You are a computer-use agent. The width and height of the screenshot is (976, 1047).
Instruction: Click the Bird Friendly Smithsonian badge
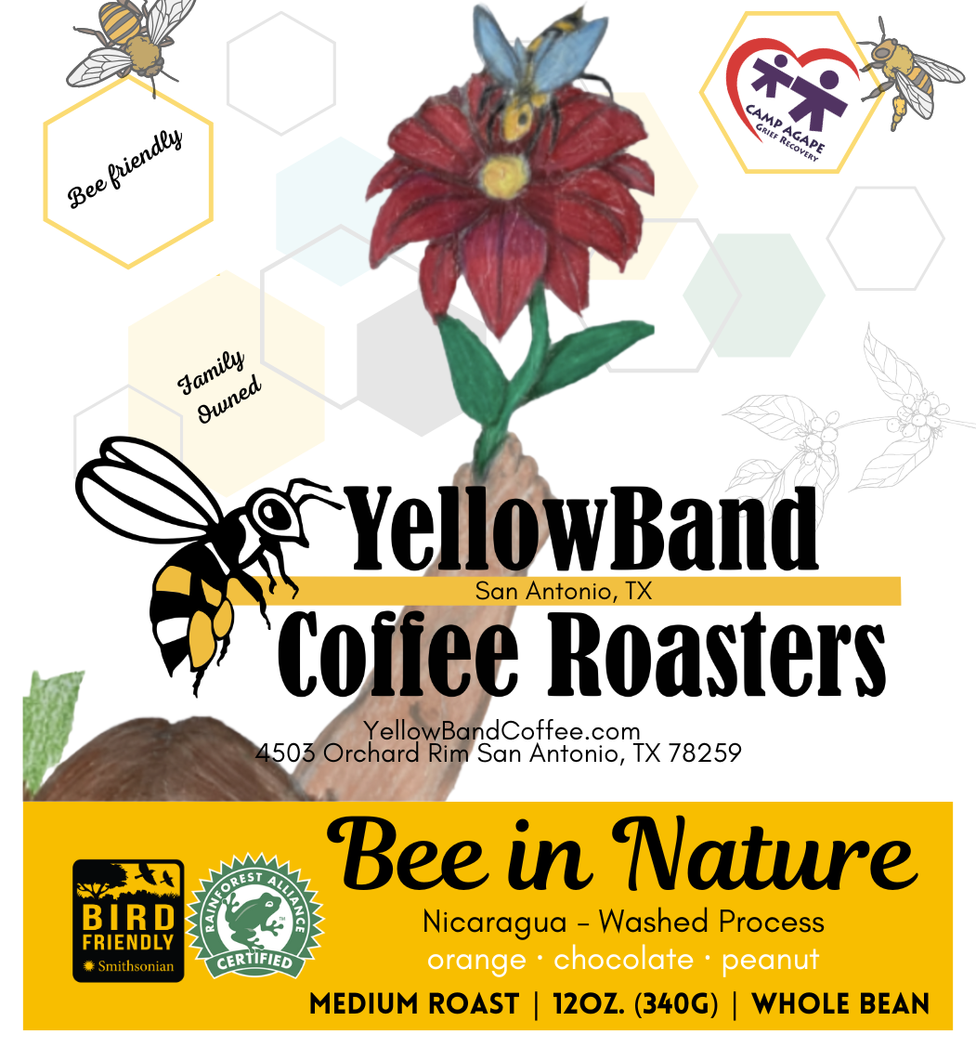pos(128,920)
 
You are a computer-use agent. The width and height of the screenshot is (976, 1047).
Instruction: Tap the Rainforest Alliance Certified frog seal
pos(255,915)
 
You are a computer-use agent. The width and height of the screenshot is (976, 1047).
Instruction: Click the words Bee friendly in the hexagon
pos(124,167)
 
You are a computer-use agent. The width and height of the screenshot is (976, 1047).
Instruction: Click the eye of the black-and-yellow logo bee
pos(274,513)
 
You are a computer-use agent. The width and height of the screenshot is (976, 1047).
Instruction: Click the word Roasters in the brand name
pos(716,654)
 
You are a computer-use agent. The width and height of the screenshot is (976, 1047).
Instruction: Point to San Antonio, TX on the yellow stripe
pos(563,591)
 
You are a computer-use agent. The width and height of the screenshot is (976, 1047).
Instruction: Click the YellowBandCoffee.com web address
pos(501,730)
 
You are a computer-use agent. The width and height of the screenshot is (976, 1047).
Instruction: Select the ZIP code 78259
pos(704,753)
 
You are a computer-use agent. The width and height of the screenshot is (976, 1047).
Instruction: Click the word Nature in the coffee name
pos(765,856)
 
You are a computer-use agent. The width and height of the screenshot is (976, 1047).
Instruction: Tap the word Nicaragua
pos(495,923)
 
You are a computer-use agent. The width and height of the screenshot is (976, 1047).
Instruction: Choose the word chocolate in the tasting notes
pos(623,960)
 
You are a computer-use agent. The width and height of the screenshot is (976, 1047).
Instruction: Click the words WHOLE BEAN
pos(840,1004)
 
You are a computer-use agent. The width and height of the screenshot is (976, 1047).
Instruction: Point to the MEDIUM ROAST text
pos(414,1004)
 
